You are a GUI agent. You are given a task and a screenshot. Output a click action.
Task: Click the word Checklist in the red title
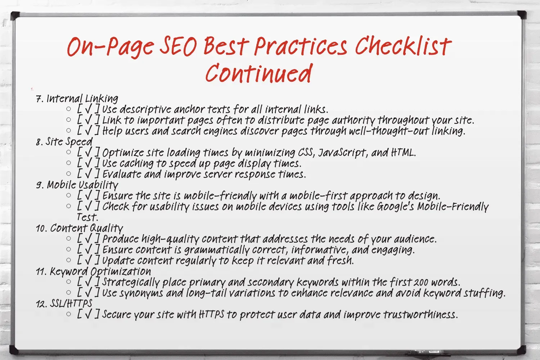coord(403,46)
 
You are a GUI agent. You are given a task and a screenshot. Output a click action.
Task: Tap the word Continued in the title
coord(258,73)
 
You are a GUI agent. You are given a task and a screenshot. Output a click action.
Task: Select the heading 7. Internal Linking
coord(77,98)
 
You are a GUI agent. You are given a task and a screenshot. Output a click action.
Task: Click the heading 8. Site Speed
coord(64,141)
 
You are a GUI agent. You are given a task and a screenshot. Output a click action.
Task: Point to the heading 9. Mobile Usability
coord(77,185)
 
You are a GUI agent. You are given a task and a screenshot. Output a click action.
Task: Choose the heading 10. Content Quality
coord(80,228)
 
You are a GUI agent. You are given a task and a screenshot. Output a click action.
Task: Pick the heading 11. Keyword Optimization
coord(93,271)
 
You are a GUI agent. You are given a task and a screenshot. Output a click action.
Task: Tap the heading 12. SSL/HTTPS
coord(64,303)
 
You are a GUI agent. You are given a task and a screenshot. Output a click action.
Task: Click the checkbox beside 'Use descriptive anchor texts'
coord(88,109)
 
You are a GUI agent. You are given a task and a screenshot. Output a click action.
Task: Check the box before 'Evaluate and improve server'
coord(88,174)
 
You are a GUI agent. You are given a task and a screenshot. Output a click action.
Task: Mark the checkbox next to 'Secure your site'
coord(88,314)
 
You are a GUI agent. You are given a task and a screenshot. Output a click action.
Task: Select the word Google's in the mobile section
coord(395,207)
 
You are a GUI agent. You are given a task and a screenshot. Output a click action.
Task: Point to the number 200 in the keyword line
coord(421,283)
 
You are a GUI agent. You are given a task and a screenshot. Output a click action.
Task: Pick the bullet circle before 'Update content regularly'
coord(69,260)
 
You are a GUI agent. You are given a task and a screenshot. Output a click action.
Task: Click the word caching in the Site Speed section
coord(136,163)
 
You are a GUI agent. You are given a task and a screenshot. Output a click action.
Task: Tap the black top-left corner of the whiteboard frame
coord(15,15)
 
